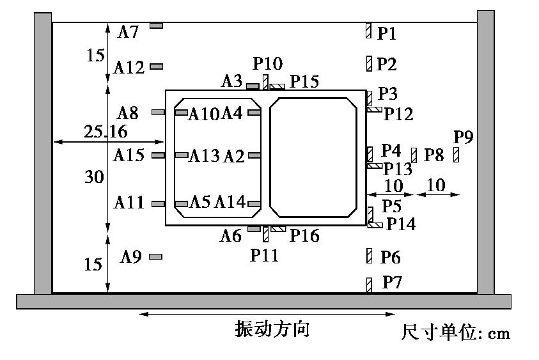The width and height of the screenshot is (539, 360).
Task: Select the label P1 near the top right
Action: click(387, 33)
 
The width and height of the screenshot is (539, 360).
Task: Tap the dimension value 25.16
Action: click(105, 132)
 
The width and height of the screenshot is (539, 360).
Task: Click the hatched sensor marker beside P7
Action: click(369, 285)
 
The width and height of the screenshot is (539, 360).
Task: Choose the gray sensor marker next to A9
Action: click(155, 256)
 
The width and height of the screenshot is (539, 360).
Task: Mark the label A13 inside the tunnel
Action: click(204, 156)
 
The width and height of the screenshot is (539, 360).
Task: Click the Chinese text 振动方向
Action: click(272, 329)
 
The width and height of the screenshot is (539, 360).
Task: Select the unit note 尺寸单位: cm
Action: click(456, 333)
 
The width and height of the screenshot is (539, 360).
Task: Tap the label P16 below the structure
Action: click(304, 235)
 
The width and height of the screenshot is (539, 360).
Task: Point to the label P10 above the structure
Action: click(267, 63)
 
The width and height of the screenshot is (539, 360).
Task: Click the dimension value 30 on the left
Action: click(94, 177)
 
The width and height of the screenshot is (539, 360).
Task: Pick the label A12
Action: click(130, 67)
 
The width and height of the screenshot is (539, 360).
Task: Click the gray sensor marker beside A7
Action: click(157, 26)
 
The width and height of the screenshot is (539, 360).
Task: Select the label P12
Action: click(398, 114)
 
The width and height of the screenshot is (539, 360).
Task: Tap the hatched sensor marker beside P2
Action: click(369, 63)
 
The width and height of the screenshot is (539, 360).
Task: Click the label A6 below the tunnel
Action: click(231, 235)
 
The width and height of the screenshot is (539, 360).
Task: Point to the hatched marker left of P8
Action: click(414, 155)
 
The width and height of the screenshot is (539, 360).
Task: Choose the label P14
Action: click(400, 224)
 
